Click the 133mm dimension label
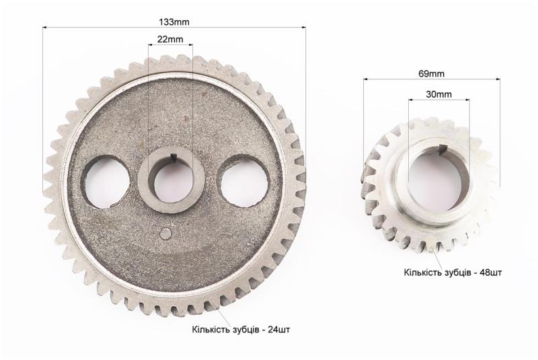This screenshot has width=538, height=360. point(174,22)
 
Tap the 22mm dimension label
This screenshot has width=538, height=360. point(170,39)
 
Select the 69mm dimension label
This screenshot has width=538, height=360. point(431,73)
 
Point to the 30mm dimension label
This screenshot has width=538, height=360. point(439,94)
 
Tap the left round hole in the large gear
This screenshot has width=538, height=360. point(107,182)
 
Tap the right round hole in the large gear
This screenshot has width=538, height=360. point(244,182)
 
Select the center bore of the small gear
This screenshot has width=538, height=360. point(435,180)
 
